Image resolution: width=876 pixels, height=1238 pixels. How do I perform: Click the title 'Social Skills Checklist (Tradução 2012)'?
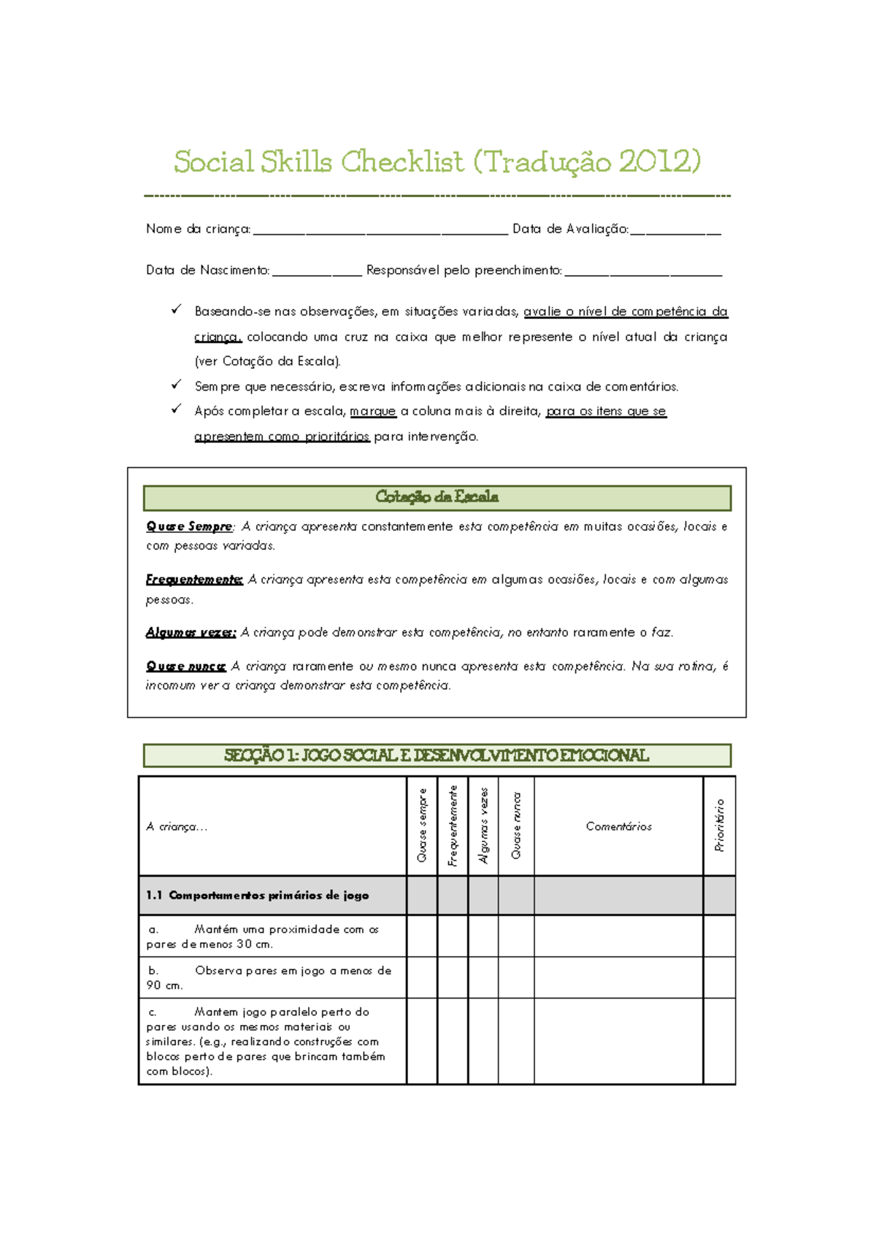(437, 161)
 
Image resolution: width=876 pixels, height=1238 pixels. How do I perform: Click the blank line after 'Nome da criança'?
(380, 231)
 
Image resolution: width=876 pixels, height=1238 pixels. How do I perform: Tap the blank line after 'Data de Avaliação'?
(675, 231)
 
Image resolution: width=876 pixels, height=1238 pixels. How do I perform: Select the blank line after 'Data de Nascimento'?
(316, 272)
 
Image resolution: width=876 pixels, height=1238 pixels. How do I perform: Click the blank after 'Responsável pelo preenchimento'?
(643, 272)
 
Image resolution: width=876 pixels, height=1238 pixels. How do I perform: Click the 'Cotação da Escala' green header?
(437, 498)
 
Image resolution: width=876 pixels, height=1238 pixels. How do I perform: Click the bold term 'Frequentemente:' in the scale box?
(194, 580)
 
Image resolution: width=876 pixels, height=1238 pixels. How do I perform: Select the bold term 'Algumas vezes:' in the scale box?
(191, 633)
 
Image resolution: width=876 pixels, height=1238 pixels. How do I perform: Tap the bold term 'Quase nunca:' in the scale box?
(186, 666)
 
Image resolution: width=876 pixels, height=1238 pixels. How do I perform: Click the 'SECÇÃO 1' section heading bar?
(437, 756)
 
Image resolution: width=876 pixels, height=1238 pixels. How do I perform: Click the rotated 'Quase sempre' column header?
(422, 826)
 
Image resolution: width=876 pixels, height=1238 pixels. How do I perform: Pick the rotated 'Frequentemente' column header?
(453, 826)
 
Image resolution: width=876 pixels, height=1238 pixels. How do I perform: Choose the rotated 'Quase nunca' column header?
(516, 826)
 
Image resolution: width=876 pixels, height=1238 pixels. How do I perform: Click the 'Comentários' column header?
(618, 826)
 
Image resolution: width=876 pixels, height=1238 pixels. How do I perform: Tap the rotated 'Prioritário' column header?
(720, 826)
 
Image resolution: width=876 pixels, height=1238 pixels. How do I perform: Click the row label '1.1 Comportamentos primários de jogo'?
(258, 896)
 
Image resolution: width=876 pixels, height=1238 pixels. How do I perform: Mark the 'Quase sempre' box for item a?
(422, 936)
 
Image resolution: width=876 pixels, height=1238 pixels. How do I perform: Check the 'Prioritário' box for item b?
(720, 977)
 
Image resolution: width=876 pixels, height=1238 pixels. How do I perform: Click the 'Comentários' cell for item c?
(618, 1041)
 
